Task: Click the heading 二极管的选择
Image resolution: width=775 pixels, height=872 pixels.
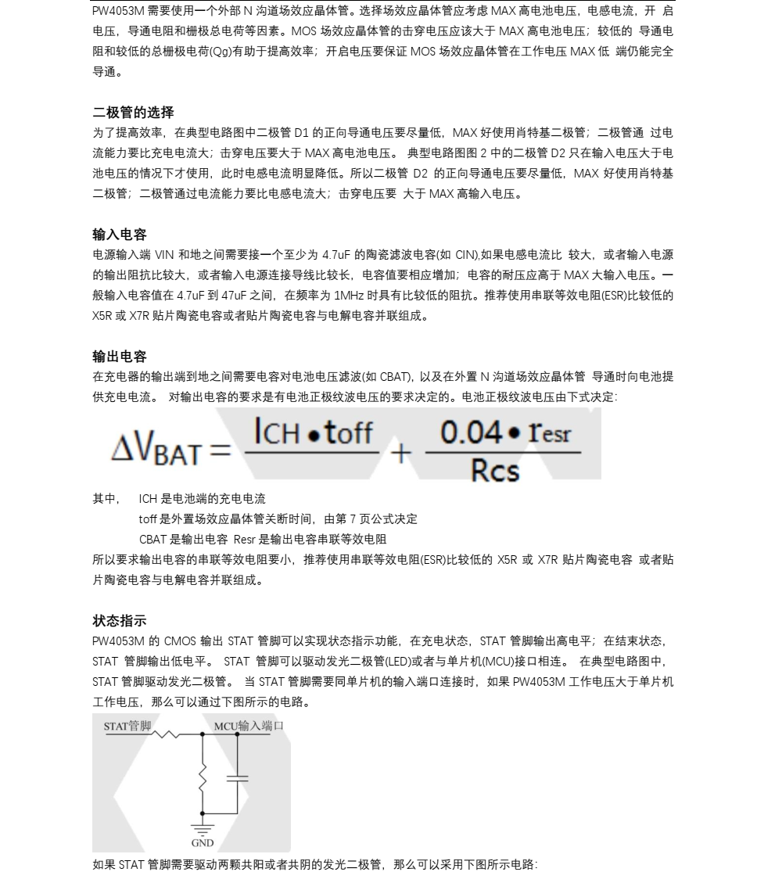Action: click(x=133, y=113)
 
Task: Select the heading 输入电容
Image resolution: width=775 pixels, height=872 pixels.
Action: click(x=120, y=235)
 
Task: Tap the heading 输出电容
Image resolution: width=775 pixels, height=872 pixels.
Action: click(x=120, y=357)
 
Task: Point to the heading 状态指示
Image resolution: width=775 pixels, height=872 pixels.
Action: click(x=120, y=621)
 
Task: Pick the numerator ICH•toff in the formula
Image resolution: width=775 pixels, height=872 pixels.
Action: click(x=313, y=432)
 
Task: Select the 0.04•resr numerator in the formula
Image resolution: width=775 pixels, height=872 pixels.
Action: click(x=505, y=432)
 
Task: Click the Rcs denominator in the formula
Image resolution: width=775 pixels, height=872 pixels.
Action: click(x=495, y=470)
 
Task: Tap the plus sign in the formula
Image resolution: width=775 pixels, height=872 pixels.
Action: click(x=400, y=452)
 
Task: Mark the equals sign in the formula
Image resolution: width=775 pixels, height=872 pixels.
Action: click(x=221, y=451)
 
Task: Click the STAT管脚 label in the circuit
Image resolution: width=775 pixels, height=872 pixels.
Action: click(x=127, y=727)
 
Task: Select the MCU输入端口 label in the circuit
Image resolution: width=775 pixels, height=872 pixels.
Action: click(x=249, y=726)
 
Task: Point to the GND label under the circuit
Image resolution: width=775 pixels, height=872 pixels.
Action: click(x=203, y=842)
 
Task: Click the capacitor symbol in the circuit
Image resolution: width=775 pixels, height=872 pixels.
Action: click(x=236, y=777)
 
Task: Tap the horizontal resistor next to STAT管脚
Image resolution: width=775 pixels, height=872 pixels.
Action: click(x=166, y=734)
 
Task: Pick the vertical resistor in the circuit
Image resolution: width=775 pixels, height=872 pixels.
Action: click(x=203, y=777)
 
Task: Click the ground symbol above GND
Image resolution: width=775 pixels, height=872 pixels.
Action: click(x=203, y=827)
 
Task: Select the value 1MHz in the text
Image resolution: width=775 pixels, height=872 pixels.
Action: click(x=348, y=296)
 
